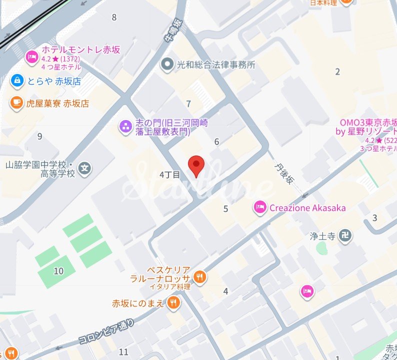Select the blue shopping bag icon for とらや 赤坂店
pyautogui.click(x=17, y=80)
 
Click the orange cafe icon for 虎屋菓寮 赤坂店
pyautogui.click(x=17, y=103)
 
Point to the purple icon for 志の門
pyautogui.click(x=124, y=126)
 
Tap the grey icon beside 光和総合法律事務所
pyautogui.click(x=167, y=64)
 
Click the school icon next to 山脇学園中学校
pyautogui.click(x=86, y=168)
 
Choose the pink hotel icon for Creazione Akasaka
pyautogui.click(x=259, y=207)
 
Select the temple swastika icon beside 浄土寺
pyautogui.click(x=345, y=234)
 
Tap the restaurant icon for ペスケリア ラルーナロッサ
pyautogui.click(x=199, y=276)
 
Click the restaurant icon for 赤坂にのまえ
pyautogui.click(x=173, y=302)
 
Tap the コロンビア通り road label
pyautogui.click(x=106, y=332)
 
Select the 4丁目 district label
pyautogui.click(x=169, y=174)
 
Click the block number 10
pyautogui.click(x=59, y=271)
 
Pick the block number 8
pyautogui.click(x=114, y=17)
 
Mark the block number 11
pyautogui.click(x=123, y=352)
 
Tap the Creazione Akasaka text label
pyautogui.click(x=307, y=208)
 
